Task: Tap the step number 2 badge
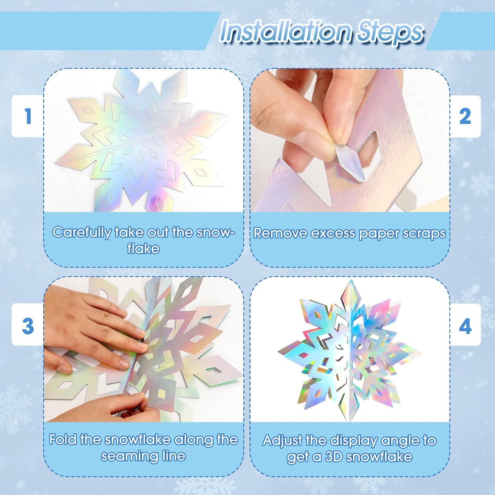pos(465,116)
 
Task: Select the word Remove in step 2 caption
pos(278,233)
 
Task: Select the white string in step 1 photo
pos(64,190)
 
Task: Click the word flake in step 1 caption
pos(143,249)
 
